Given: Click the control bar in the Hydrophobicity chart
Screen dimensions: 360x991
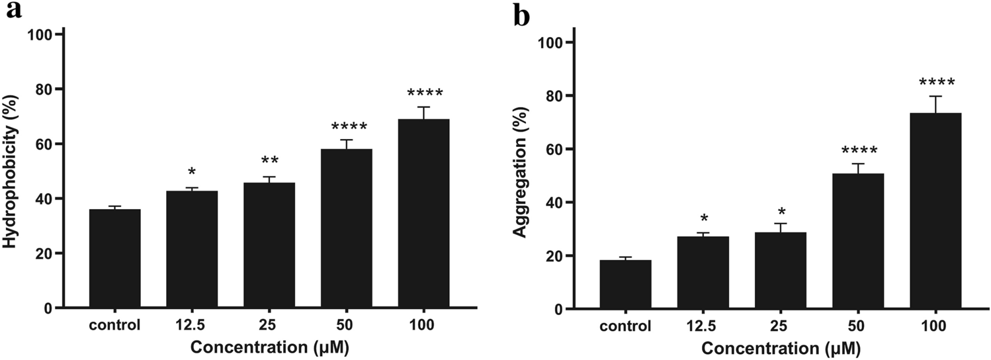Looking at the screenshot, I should (x=114, y=259).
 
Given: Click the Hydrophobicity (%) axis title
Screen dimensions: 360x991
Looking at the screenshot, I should (x=11, y=170).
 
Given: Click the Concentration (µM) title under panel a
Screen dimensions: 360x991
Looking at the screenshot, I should (x=269, y=347).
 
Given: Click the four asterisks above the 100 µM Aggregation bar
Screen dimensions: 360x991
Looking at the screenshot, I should (x=935, y=83).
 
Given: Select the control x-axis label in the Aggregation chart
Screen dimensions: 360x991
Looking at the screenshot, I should (x=625, y=326).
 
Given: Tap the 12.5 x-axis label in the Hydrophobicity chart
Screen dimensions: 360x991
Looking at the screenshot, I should (x=192, y=325).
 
